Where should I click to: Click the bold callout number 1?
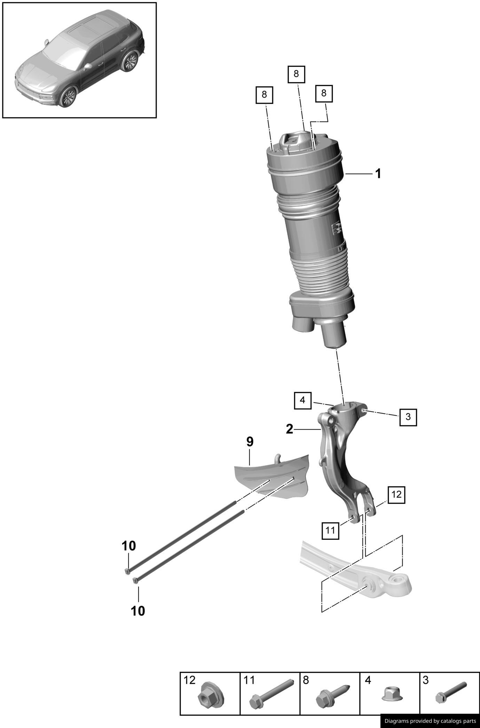coord(378,173)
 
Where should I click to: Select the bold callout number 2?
coord(290,429)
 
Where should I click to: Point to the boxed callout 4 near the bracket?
coord(302,401)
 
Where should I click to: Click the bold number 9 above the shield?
coord(250,442)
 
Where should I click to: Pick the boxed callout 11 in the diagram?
coord(330,530)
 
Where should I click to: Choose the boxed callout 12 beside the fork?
coord(396,494)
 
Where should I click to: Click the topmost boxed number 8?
coord(296,74)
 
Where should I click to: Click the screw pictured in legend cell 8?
coord(331,694)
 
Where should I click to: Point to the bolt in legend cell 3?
coord(451,693)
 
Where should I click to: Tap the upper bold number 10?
coord(129,546)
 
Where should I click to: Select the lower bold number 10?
coord(138,611)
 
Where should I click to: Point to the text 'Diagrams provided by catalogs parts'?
coord(430,721)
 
